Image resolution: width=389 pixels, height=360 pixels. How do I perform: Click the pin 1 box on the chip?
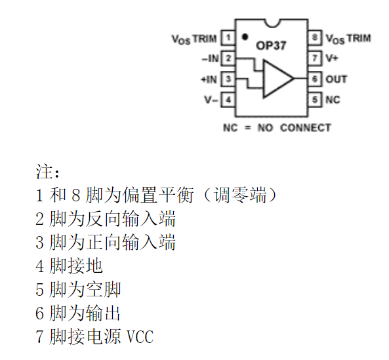pos(228,38)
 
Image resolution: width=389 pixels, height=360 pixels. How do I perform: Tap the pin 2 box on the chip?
pos(228,59)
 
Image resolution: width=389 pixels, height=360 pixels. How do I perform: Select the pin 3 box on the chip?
pos(228,79)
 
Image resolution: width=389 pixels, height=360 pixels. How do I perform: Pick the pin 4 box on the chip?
pos(228,100)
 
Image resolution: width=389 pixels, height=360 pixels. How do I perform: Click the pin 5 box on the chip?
pos(316,100)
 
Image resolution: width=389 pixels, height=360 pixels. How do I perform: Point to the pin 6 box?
pos(316,79)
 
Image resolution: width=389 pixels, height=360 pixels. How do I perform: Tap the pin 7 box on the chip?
pos(316,58)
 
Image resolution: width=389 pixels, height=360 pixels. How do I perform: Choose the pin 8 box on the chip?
pos(316,38)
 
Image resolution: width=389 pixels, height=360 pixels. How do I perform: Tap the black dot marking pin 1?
pos(245,37)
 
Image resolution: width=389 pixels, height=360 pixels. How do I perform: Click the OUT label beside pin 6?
pos(337,79)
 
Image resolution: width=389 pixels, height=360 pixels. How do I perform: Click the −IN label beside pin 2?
pos(210,59)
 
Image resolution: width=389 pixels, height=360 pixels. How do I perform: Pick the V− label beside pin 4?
pos(211,100)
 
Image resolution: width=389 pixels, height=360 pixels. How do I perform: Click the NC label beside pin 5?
pos(333,100)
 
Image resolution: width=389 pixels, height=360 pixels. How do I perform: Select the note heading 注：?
pos(47,172)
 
